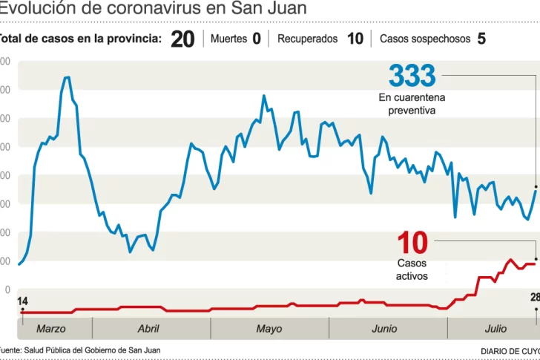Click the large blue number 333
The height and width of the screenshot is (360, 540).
coord(412,76)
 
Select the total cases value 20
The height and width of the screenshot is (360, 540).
coord(182,39)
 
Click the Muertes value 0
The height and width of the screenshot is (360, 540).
coord(257,39)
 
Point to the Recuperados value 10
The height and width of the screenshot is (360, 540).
coord(355,39)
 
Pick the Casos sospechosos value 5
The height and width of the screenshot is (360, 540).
coord(481,39)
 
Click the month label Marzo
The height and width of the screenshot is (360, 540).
coord(50,328)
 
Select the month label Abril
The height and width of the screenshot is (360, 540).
coord(148,328)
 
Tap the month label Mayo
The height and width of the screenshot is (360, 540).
coord(269,328)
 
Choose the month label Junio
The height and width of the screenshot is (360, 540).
coord(383,328)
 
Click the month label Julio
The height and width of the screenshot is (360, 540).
coord(495,328)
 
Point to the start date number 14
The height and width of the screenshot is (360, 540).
coord(22,301)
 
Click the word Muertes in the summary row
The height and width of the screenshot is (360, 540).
coord(228,39)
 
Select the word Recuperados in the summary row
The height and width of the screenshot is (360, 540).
coord(307,39)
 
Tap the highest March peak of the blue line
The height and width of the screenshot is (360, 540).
coord(67,77)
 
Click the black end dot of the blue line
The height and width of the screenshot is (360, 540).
coord(536,186)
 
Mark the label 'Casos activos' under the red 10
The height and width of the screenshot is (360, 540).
coord(412,269)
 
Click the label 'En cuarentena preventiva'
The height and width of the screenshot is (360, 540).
coord(412,104)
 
